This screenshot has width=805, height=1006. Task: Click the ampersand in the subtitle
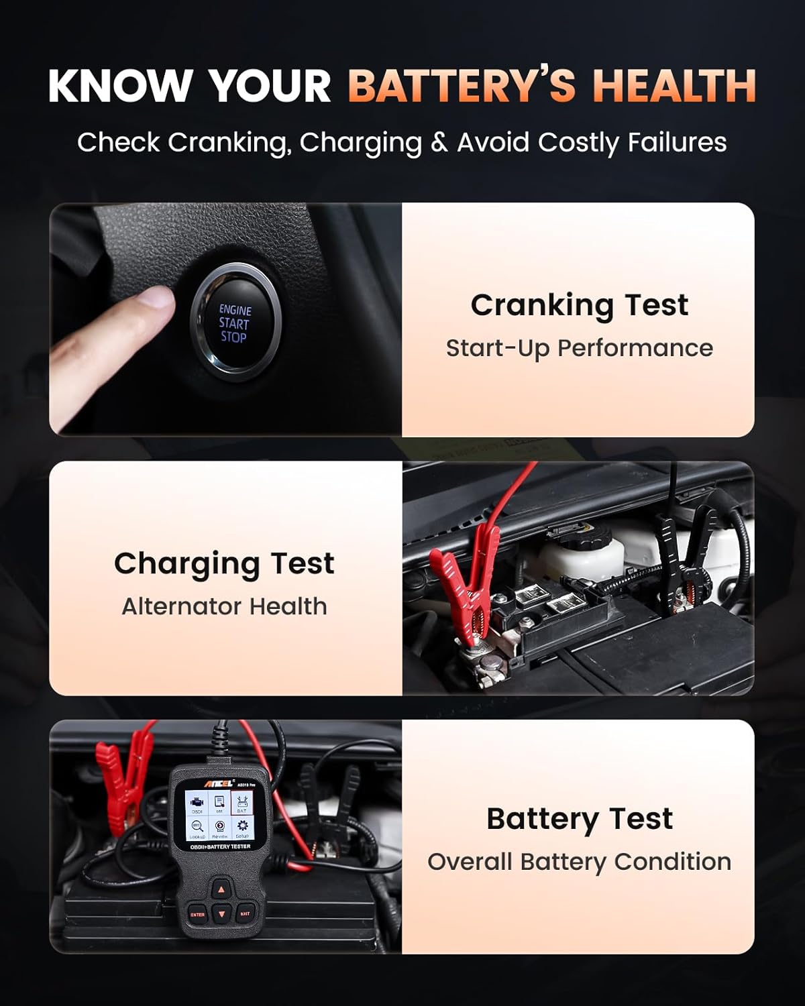439,142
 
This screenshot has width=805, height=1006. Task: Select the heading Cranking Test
579,305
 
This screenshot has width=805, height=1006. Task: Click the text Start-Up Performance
579,348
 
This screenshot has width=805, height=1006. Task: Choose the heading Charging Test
224,563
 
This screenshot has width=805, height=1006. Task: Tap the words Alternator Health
224,606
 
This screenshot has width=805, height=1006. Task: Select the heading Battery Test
579,819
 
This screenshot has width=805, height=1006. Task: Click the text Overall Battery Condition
579,862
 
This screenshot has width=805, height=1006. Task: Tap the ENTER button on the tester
197,914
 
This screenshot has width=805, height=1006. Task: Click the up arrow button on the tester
221,890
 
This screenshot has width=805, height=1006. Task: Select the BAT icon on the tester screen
241,803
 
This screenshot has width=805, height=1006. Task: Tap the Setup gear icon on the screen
242,828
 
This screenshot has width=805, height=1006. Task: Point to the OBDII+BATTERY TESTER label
220,847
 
